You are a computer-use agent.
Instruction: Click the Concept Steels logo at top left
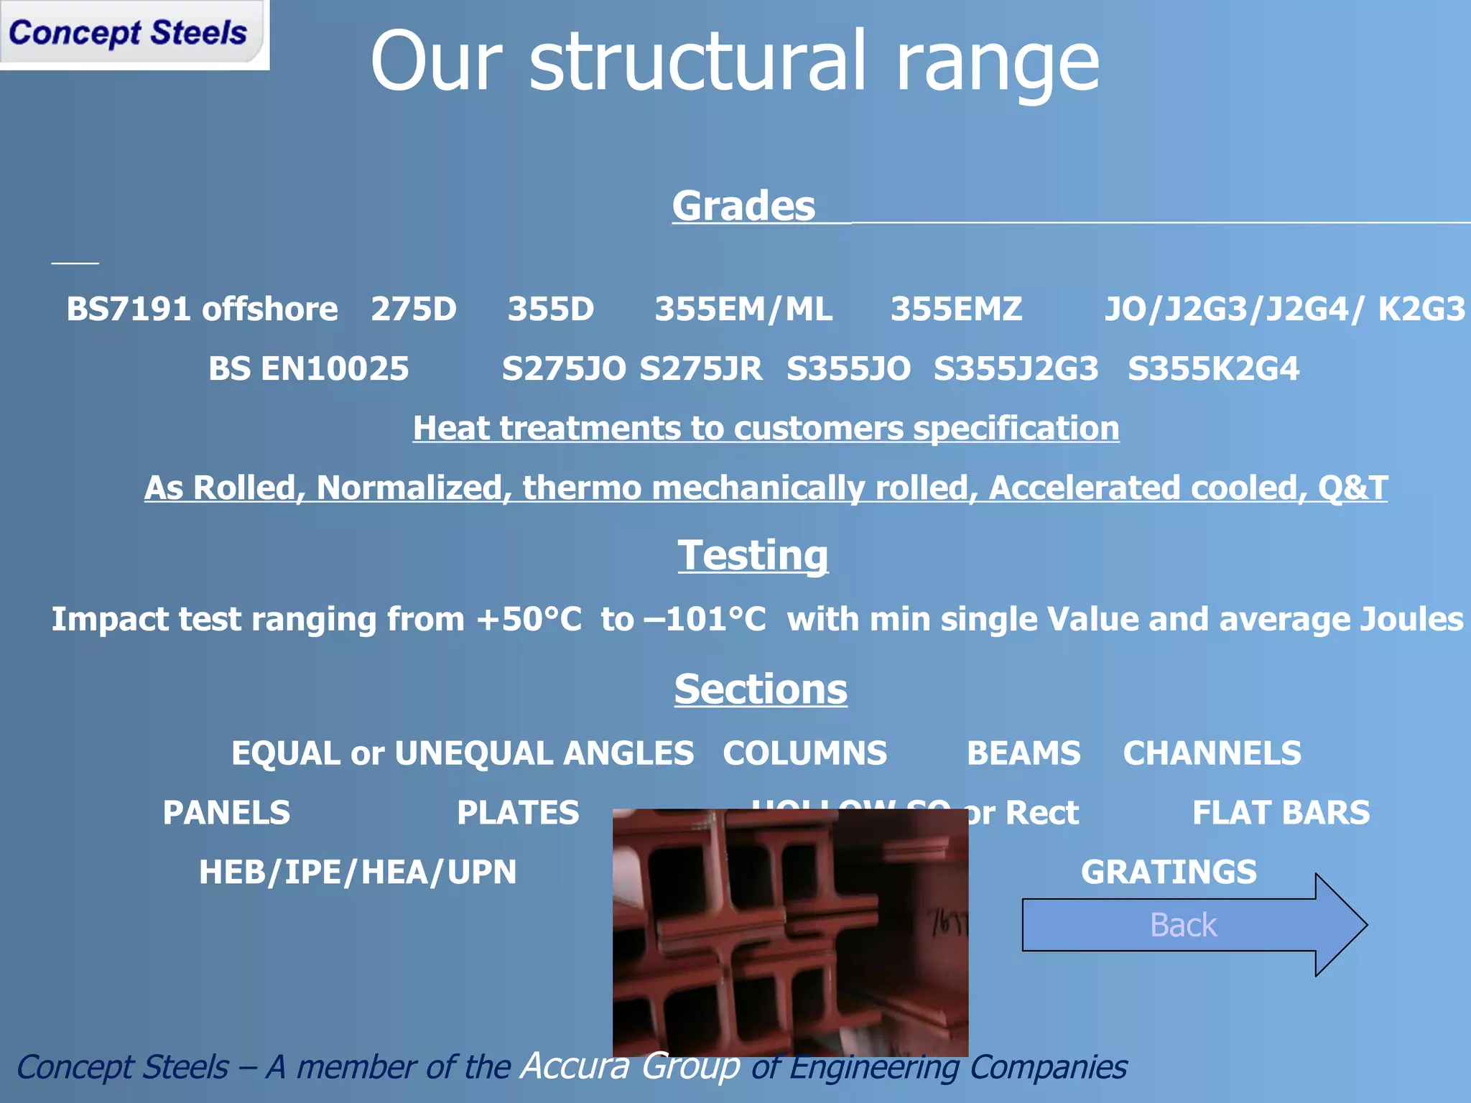[x=129, y=34]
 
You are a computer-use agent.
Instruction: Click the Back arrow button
[x=1185, y=925]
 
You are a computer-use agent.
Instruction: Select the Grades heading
[x=743, y=206]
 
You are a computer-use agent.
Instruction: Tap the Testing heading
[x=753, y=555]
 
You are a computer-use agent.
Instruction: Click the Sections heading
[x=761, y=689]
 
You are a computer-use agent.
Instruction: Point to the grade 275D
[x=414, y=310]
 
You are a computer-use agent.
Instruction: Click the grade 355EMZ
[x=956, y=310]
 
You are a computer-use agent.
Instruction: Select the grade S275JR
[x=700, y=369]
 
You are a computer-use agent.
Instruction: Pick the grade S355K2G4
[x=1213, y=369]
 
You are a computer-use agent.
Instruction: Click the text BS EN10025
[x=308, y=369]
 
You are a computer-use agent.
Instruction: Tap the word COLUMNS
[x=804, y=753]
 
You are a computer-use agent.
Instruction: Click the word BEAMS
[x=1024, y=753]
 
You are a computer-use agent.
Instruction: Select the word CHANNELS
[x=1212, y=753]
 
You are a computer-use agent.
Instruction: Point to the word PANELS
[x=226, y=813]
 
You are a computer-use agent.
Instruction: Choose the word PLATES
[x=518, y=813]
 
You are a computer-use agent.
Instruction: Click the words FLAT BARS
[x=1281, y=813]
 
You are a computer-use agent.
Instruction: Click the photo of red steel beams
[x=790, y=934]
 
